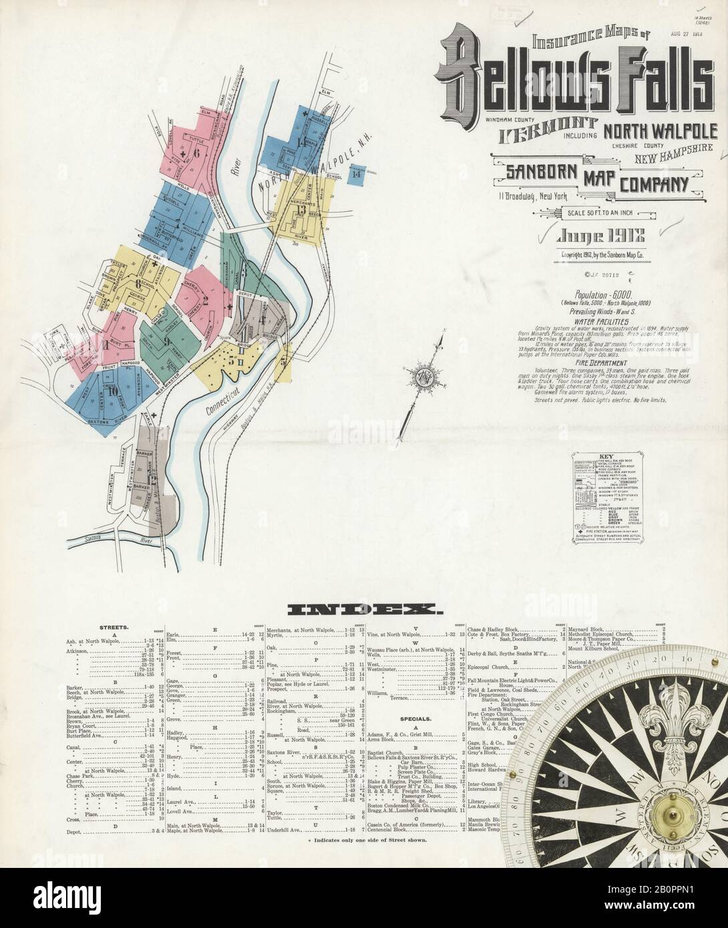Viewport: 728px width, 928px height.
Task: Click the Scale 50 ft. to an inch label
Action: tap(606, 213)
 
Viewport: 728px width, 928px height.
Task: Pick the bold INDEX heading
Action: tap(363, 608)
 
